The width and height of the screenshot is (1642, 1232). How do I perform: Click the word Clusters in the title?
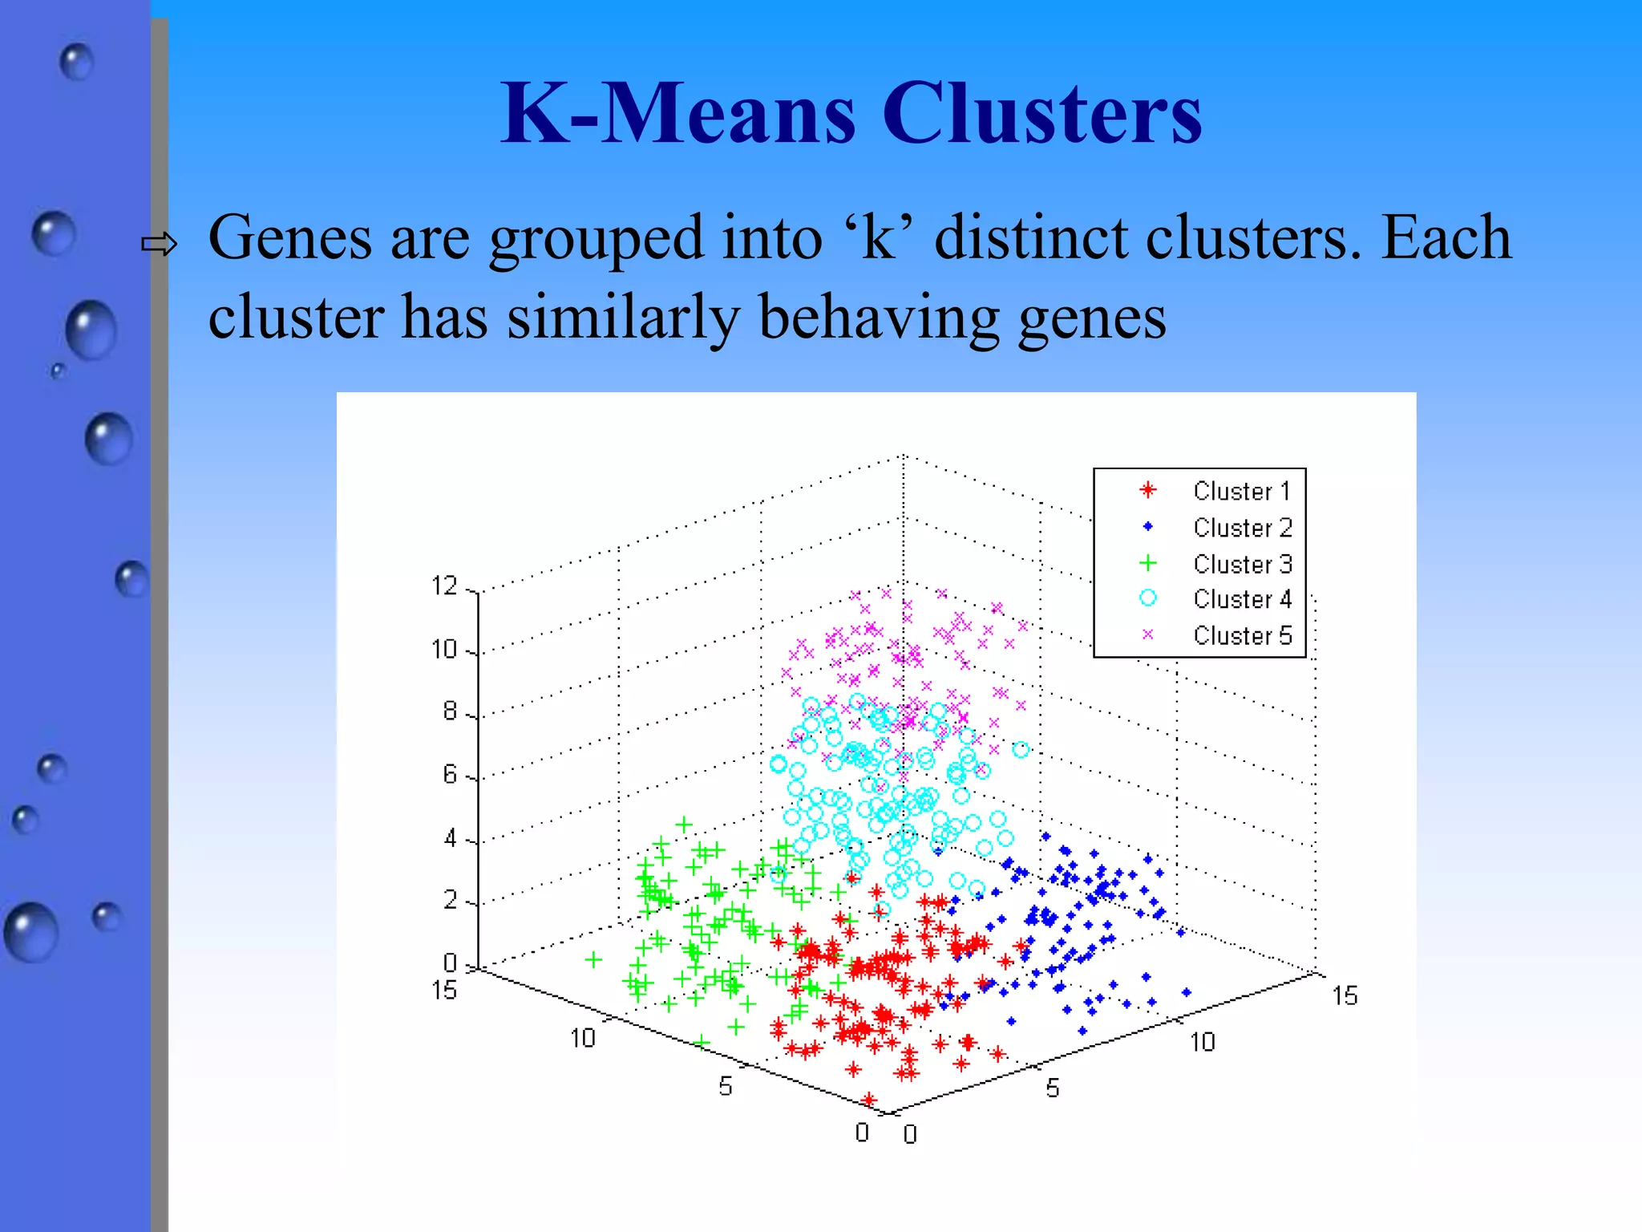[x=1041, y=114]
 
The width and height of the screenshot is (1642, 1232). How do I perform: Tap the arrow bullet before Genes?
[x=159, y=244]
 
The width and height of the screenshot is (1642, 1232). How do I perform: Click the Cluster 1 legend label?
[x=1242, y=491]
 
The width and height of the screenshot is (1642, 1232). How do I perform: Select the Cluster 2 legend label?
[x=1242, y=528]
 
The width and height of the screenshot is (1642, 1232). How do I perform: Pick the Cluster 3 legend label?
[x=1242, y=564]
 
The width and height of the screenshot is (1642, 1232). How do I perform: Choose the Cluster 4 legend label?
[x=1242, y=599]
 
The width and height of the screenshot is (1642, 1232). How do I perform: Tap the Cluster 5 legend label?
[x=1242, y=635]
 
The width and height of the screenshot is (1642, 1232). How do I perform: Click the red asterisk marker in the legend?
[x=1148, y=490]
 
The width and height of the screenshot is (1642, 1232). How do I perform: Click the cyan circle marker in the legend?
[x=1148, y=598]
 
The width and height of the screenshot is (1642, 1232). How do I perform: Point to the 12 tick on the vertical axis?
[x=444, y=586]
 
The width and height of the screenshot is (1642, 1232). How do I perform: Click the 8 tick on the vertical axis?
[x=450, y=711]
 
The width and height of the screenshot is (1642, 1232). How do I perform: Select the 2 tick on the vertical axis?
[x=450, y=900]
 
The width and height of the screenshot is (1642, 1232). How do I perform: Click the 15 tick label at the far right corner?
[x=1345, y=996]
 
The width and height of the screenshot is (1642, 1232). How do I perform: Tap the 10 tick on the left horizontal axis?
[x=583, y=1039]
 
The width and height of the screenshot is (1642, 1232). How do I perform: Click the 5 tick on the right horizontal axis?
[x=1052, y=1088]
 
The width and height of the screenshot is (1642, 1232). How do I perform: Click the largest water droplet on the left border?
[x=31, y=932]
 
